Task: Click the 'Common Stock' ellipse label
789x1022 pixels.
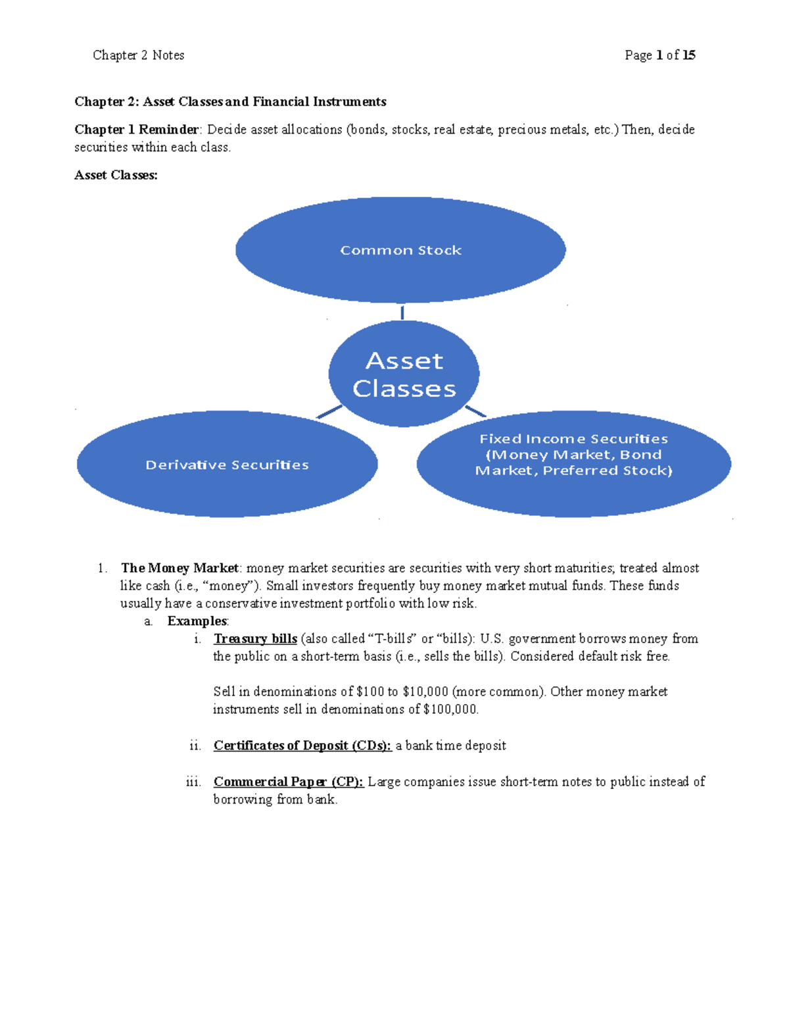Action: pyautogui.click(x=400, y=251)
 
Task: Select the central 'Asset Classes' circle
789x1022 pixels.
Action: pyautogui.click(x=404, y=374)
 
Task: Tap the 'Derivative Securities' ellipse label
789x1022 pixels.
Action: pyautogui.click(x=227, y=465)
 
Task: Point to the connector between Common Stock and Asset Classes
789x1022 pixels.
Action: pyautogui.click(x=402, y=312)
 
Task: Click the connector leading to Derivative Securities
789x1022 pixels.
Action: pyautogui.click(x=329, y=412)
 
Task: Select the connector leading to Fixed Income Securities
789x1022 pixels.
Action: pyautogui.click(x=475, y=411)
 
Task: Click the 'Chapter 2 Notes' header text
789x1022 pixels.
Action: pyautogui.click(x=138, y=55)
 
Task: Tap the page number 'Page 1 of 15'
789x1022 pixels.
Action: pyautogui.click(x=659, y=55)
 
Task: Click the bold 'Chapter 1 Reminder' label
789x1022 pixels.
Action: pyautogui.click(x=136, y=130)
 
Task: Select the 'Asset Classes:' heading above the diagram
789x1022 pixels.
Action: pyautogui.click(x=116, y=175)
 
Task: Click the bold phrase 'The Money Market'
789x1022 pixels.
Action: pyautogui.click(x=179, y=568)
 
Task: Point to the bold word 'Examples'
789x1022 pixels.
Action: pyautogui.click(x=197, y=621)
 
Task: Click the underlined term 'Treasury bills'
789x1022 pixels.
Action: pyautogui.click(x=255, y=639)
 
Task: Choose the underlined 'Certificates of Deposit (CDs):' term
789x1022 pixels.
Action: pyautogui.click(x=302, y=746)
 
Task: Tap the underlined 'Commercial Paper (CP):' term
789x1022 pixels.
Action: pyautogui.click(x=288, y=782)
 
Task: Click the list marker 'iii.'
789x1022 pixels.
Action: pyautogui.click(x=193, y=782)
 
